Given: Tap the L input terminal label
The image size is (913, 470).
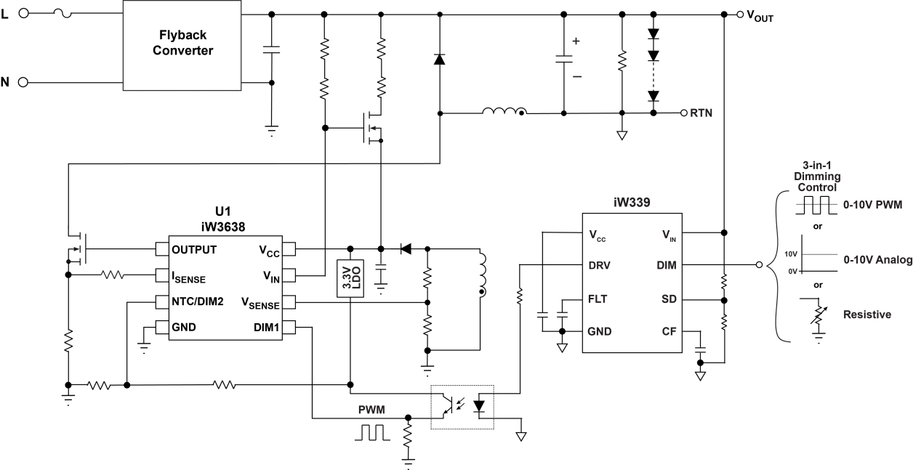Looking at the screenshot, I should pyautogui.click(x=6, y=14).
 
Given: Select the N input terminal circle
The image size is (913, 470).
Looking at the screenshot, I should pyautogui.click(x=22, y=81).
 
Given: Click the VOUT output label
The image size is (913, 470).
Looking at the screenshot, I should pyautogui.click(x=760, y=16).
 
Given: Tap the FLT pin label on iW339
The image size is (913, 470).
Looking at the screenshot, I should pyautogui.click(x=598, y=299).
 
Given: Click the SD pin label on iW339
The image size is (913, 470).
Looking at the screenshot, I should pyautogui.click(x=667, y=299).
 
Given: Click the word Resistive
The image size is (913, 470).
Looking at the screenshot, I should pyautogui.click(x=867, y=315).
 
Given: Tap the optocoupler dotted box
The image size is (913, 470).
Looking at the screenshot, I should pyautogui.click(x=462, y=407).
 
